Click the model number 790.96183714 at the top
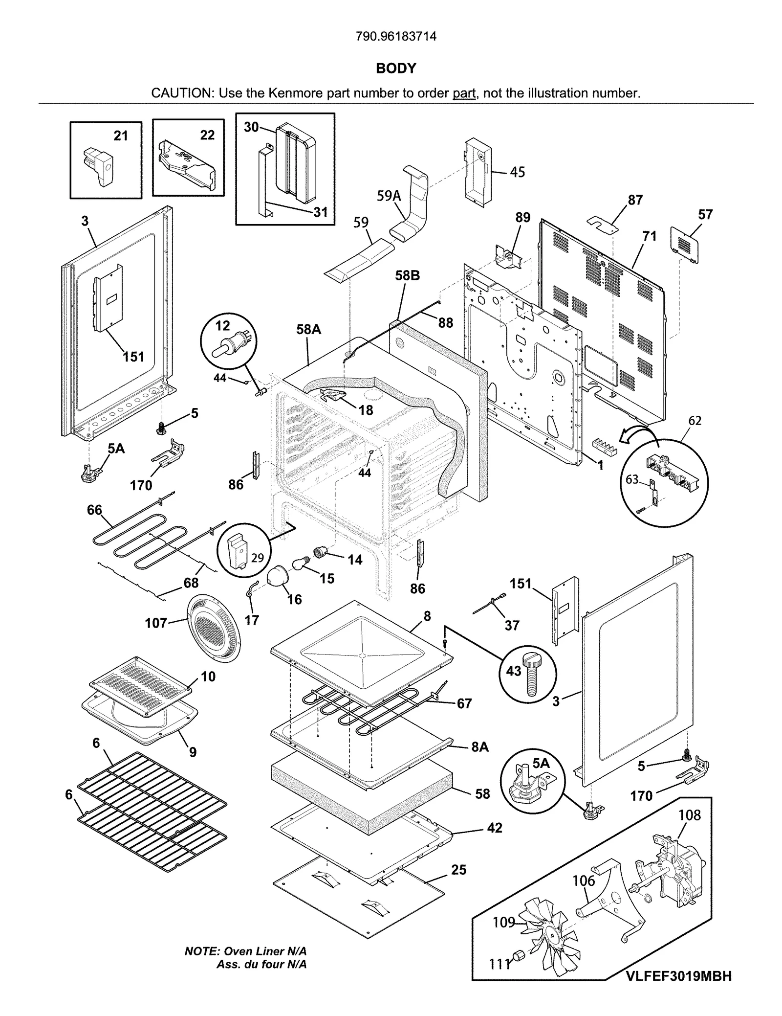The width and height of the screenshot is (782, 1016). [x=396, y=36]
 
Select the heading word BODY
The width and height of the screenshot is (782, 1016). [x=396, y=68]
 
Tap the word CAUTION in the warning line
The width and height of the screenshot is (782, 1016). [x=181, y=93]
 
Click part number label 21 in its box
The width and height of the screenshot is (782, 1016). [x=121, y=135]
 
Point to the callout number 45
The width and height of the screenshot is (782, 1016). [x=517, y=172]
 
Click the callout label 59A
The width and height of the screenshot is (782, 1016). [x=389, y=196]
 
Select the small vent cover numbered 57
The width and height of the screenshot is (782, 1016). [x=685, y=243]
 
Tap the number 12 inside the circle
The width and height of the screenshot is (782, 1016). [x=222, y=325]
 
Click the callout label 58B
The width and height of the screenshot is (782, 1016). [x=407, y=276]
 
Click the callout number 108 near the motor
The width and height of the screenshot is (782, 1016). [x=690, y=815]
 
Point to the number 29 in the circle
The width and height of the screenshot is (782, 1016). [x=257, y=558]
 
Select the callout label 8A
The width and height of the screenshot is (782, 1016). [x=480, y=747]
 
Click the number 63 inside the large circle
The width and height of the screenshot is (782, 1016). [x=632, y=479]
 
